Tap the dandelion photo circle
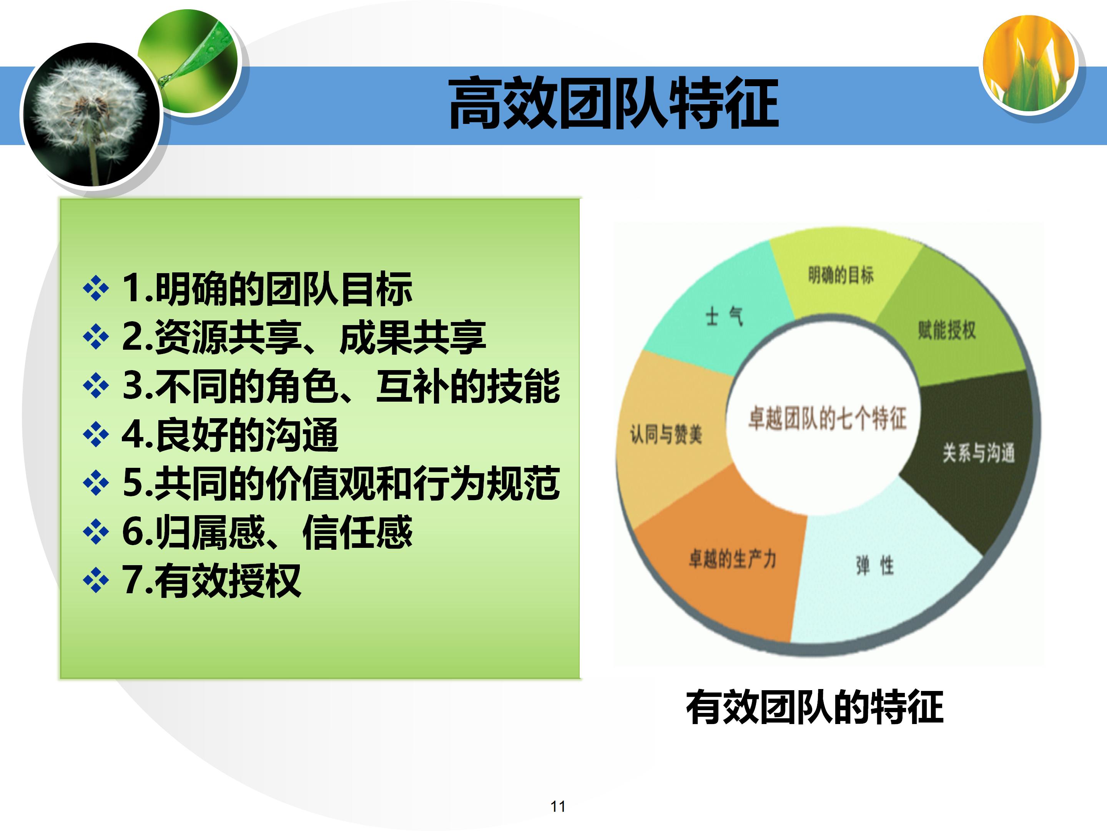91,115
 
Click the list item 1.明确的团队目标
267,289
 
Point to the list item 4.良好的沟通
230,435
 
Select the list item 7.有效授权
211,581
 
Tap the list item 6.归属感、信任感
267,532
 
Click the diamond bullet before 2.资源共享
96,337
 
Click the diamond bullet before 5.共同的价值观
96,483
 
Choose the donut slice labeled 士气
724,317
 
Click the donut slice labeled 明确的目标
841,275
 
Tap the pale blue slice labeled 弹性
874,566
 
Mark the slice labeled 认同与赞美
666,434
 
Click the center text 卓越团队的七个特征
827,418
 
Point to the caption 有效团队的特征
814,707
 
